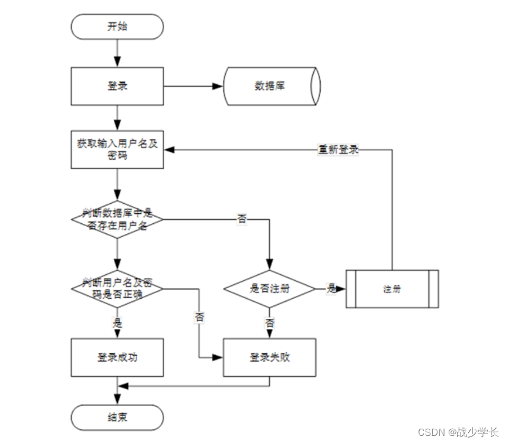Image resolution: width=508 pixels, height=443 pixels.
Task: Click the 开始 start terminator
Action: pyautogui.click(x=117, y=27)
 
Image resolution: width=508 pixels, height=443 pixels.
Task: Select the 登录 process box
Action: pyautogui.click(x=117, y=86)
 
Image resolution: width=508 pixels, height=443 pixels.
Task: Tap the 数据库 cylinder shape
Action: pyautogui.click(x=271, y=86)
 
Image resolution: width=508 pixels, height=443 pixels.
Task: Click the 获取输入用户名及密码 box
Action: pyautogui.click(x=117, y=149)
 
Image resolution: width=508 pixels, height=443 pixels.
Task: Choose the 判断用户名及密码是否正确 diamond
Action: pyautogui.click(x=117, y=289)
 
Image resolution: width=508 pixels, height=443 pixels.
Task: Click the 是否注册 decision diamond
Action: pyautogui.click(x=270, y=289)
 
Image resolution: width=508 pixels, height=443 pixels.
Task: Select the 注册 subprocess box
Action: pyautogui.click(x=392, y=289)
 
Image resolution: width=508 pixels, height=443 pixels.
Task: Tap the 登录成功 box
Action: pyautogui.click(x=117, y=357)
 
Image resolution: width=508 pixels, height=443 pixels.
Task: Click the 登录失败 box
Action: pyautogui.click(x=270, y=357)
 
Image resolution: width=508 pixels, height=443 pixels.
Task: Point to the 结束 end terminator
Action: pyautogui.click(x=117, y=417)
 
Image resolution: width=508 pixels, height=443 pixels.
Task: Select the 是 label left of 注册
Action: pyautogui.click(x=331, y=289)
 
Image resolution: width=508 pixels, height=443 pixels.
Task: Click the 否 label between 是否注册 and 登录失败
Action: pyautogui.click(x=270, y=323)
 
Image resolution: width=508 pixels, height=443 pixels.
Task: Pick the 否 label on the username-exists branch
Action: pyautogui.click(x=242, y=220)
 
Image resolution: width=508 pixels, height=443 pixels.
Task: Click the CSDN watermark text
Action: pyautogui.click(x=458, y=432)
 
